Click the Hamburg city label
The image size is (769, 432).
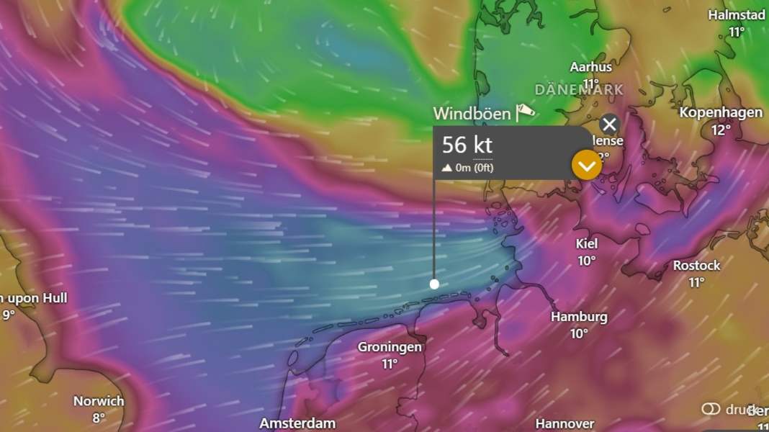tap(579, 317)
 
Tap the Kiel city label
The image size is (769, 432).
tap(587, 244)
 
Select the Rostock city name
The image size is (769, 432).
tap(696, 266)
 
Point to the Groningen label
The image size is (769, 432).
tap(390, 347)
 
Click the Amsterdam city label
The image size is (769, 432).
tap(297, 423)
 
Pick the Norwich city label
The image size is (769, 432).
tap(99, 401)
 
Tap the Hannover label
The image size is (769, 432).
tap(565, 423)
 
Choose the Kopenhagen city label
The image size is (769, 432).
tap(721, 112)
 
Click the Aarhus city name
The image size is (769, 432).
tap(590, 67)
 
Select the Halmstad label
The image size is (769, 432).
tap(736, 15)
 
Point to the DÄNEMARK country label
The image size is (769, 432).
tap(579, 90)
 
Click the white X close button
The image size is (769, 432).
tap(609, 125)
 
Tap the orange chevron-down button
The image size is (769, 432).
tap(586, 166)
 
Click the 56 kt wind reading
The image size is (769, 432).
tap(467, 145)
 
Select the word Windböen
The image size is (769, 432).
tap(472, 114)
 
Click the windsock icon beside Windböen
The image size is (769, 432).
tap(526, 112)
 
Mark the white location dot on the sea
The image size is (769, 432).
tap(434, 284)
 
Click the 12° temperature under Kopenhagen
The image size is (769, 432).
tap(721, 130)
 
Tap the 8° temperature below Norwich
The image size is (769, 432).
tap(99, 418)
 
